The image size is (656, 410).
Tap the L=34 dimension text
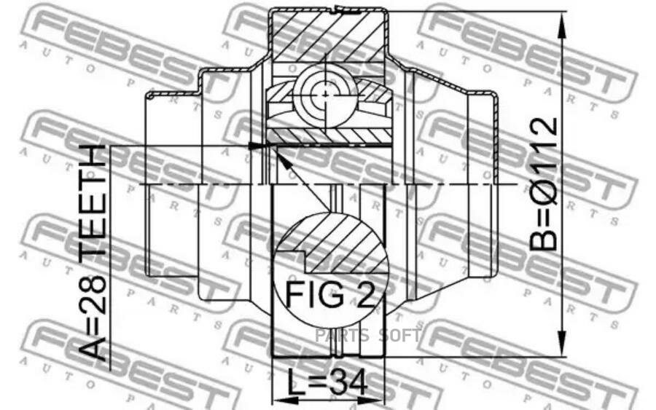[x=327, y=382]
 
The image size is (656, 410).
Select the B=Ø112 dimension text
[x=544, y=184]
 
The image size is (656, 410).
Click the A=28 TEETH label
[x=93, y=253]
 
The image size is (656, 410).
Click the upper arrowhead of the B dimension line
[x=563, y=26]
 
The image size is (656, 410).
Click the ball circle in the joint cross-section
[x=324, y=94]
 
